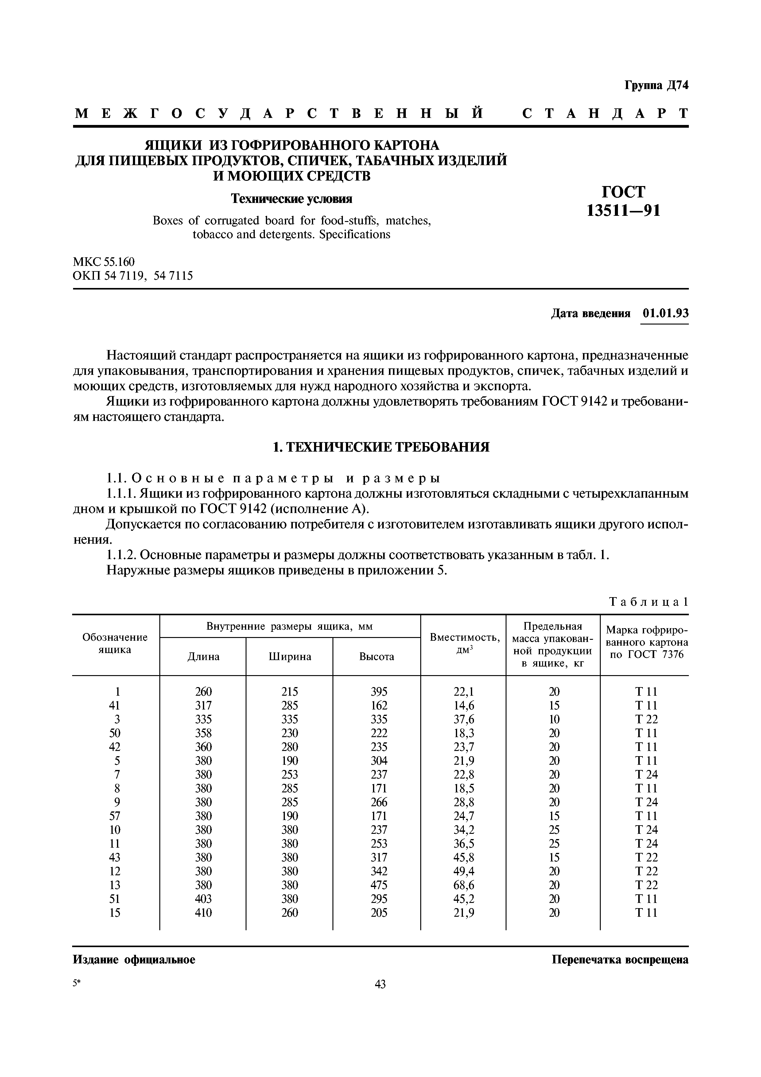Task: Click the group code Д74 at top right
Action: click(677, 85)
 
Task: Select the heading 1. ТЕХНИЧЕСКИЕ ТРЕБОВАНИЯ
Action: click(381, 447)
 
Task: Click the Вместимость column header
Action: click(464, 637)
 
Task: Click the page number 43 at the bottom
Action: click(380, 984)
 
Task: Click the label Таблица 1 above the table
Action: click(648, 602)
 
